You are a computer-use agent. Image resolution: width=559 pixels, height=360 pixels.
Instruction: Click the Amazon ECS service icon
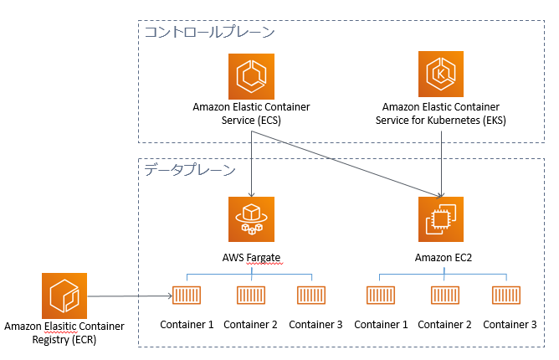pyautogui.click(x=251, y=76)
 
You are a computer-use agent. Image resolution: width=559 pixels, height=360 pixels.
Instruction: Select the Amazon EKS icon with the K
pyautogui.click(x=441, y=74)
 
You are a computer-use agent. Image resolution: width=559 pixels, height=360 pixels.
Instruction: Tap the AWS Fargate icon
pyautogui.click(x=251, y=219)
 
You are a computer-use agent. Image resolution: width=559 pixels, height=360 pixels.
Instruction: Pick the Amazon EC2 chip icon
pyautogui.click(x=441, y=219)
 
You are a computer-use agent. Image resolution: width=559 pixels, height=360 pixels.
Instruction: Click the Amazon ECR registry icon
pyautogui.click(x=64, y=296)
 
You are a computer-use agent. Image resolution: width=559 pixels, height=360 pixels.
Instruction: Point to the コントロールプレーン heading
pyautogui.click(x=209, y=32)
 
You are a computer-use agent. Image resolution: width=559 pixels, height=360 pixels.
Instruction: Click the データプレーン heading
pyautogui.click(x=190, y=169)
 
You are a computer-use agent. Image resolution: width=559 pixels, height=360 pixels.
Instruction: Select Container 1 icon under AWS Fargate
pyautogui.click(x=187, y=295)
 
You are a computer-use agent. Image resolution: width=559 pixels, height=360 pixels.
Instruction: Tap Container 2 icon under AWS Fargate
pyautogui.click(x=251, y=295)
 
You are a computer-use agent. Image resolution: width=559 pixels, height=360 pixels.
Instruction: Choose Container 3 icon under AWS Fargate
pyautogui.click(x=311, y=295)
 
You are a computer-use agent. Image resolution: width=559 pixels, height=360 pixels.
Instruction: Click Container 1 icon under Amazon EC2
pyautogui.click(x=381, y=295)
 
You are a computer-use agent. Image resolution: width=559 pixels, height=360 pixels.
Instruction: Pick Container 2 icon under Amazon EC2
pyautogui.click(x=445, y=295)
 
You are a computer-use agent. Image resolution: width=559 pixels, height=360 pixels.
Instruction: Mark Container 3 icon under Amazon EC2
pyautogui.click(x=506, y=295)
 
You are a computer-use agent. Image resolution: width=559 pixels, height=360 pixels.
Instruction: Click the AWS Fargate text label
pyautogui.click(x=251, y=258)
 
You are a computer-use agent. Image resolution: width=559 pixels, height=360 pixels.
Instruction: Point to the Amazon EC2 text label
pyautogui.click(x=444, y=258)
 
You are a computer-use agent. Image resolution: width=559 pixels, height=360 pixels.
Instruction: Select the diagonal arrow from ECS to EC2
pyautogui.click(x=346, y=164)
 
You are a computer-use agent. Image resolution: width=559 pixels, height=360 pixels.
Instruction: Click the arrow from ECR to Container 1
pyautogui.click(x=130, y=296)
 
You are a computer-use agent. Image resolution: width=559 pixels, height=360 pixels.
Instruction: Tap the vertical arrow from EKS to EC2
pyautogui.click(x=441, y=164)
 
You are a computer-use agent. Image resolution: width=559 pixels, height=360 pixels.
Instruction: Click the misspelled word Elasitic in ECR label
pyautogui.click(x=60, y=327)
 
